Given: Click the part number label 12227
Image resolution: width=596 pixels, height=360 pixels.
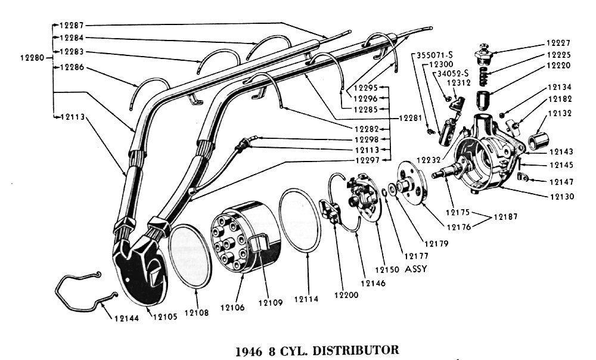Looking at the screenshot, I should coord(558,43).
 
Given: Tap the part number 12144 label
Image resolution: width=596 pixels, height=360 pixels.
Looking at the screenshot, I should coord(126,318).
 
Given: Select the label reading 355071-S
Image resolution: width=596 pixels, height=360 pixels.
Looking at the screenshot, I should coord(434,54).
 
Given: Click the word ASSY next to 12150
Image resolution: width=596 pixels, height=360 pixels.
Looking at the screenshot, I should coord(417,269).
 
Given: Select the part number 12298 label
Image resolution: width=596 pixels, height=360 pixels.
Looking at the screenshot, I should coord(367,139).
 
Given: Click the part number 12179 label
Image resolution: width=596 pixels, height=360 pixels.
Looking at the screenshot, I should coord(436,243).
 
